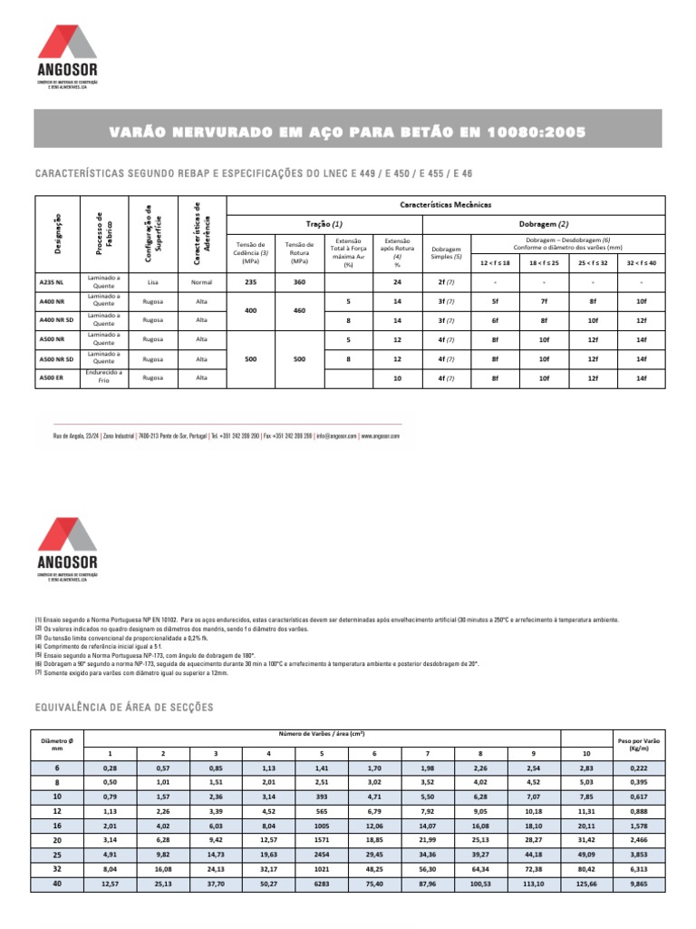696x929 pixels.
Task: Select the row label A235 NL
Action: [51, 282]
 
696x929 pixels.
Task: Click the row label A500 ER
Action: [51, 377]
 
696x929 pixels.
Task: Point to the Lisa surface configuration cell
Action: [152, 282]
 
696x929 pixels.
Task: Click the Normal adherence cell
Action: [202, 282]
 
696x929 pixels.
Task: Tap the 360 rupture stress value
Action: [298, 282]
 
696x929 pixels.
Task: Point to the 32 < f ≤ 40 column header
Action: [641, 261]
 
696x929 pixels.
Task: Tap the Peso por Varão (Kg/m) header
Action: [638, 745]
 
